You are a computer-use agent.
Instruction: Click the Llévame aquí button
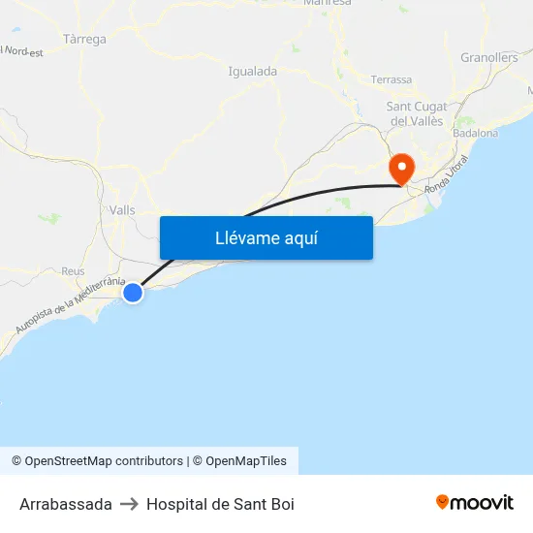[266, 237]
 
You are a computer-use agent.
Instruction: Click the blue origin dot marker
[133, 292]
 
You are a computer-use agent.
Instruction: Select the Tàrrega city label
[84, 40]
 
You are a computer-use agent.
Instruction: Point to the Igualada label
[252, 71]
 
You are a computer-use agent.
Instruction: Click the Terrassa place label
[391, 79]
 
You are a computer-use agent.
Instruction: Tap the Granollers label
[489, 58]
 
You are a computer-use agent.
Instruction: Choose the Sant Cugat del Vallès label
[416, 113]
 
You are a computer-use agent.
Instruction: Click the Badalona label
[475, 133]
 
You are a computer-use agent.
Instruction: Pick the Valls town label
[123, 210]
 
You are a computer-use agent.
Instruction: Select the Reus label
[73, 272]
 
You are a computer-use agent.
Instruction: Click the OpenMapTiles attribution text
[246, 461]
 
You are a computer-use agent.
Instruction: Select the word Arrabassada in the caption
[66, 504]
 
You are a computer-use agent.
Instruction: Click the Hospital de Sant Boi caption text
[220, 504]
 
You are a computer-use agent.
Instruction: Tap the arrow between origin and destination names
[129, 504]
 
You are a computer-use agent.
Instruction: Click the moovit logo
[474, 502]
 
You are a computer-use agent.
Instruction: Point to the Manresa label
[327, 3]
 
